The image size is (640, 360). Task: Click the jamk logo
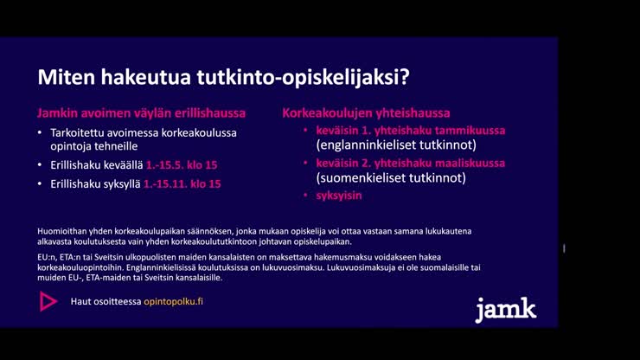[505, 310]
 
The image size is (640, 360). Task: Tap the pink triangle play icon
[48, 301]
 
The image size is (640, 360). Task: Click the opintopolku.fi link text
[173, 301]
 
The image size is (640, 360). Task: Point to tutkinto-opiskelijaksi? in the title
[304, 78]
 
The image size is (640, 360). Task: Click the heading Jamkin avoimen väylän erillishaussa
[141, 113]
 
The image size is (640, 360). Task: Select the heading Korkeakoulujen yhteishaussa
[366, 113]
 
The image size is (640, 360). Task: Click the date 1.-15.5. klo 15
[182, 165]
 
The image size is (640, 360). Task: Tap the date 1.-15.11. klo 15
[182, 183]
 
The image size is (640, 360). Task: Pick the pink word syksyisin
[339, 196]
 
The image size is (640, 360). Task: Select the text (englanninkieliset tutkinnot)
[396, 145]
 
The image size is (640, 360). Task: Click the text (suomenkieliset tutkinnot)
[391, 177]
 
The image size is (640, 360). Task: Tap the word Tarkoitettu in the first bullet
[78, 132]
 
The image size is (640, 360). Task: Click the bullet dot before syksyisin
[305, 196]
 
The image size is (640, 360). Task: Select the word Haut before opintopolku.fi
[80, 301]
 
